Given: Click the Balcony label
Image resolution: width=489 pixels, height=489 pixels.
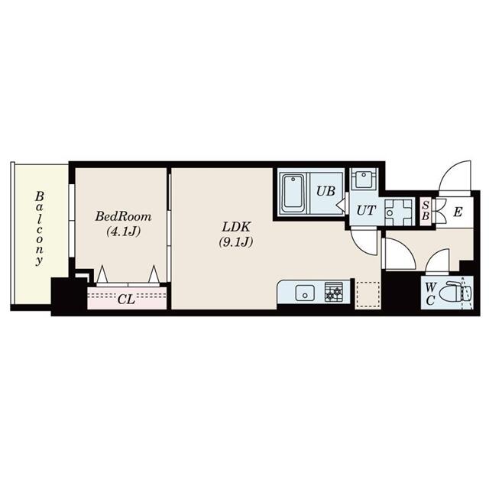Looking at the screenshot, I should point(37,228).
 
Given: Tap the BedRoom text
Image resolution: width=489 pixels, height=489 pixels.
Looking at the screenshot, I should point(118,216).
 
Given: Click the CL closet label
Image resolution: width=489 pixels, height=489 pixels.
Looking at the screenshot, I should point(126,299).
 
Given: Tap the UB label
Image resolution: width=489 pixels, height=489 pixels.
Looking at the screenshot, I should point(325,191).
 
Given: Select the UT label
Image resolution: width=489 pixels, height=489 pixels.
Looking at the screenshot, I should point(365,212).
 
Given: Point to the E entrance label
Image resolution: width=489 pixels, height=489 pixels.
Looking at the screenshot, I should point(457,212).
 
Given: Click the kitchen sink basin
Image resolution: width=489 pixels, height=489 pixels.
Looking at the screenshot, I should point(305,292).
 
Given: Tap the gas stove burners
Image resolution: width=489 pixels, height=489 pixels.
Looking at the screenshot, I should point(334,291).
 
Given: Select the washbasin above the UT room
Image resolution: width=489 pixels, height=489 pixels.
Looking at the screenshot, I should point(364,180).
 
